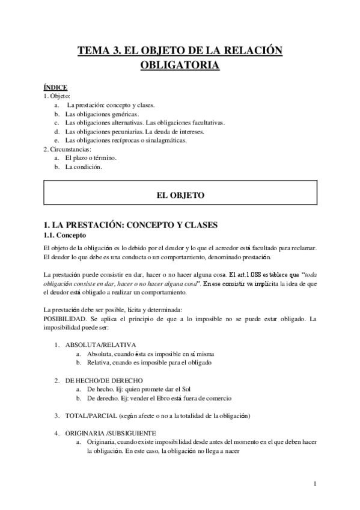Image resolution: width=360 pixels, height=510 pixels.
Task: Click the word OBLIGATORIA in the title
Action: (x=180, y=65)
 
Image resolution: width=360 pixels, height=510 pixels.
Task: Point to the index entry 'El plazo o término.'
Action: (x=91, y=158)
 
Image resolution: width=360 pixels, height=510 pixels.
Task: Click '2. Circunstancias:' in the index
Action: (x=67, y=149)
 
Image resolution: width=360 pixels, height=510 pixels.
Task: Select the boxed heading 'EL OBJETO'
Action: (x=180, y=195)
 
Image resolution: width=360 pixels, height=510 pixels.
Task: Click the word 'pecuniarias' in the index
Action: (x=123, y=131)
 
